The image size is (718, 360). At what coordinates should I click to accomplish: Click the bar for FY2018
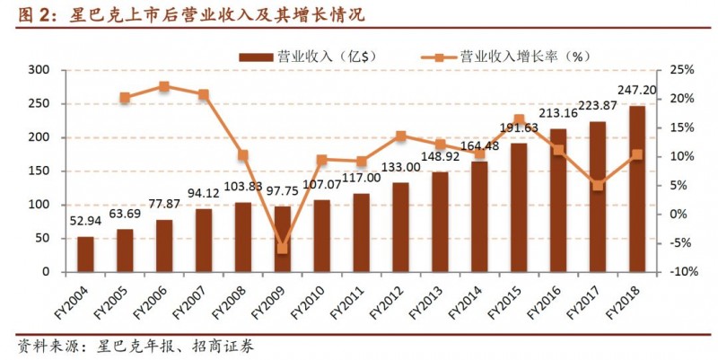tap(636, 189)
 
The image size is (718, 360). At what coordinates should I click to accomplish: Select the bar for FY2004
tap(85, 254)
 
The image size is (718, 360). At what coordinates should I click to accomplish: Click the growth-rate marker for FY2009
tap(283, 248)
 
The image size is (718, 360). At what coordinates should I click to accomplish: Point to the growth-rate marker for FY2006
tap(164, 87)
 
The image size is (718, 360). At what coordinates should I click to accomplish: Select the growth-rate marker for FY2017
tap(598, 186)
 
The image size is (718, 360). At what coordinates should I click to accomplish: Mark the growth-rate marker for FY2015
tap(519, 119)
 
